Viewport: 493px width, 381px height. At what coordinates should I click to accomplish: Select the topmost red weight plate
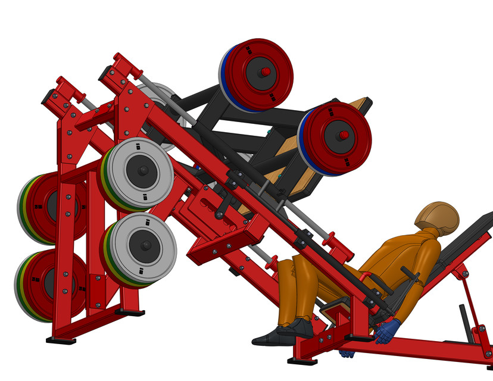coord(259,74)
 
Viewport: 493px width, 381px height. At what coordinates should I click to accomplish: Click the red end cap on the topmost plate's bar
coord(266,72)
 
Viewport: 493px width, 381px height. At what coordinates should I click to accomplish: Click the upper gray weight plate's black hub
coord(143,171)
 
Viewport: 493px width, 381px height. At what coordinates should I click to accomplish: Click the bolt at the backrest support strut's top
coord(458,273)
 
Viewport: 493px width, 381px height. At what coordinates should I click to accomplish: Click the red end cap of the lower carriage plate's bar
coord(344,135)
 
